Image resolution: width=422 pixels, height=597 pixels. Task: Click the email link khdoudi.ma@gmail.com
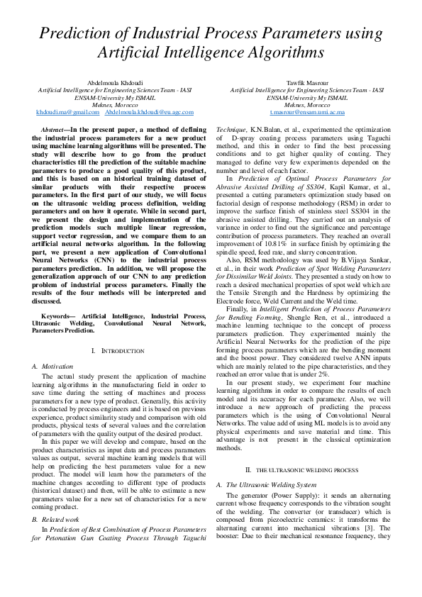coord(67,112)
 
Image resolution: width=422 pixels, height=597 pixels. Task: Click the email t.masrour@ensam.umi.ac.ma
coord(307,112)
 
